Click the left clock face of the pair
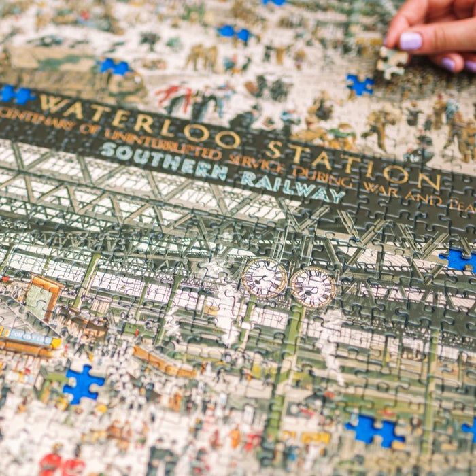point(264,277)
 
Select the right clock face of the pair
point(313,287)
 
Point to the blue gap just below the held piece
point(360,85)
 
